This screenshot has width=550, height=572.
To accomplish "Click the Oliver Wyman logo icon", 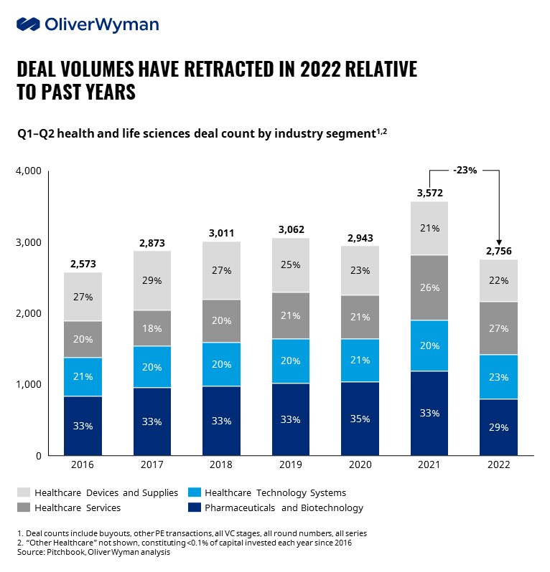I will pyautogui.click(x=27, y=24).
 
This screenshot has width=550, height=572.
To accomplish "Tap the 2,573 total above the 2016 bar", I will pyautogui.click(x=83, y=264).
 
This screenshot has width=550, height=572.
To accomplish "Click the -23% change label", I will pyautogui.click(x=464, y=170).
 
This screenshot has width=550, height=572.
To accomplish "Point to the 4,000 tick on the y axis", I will pyautogui.click(x=29, y=171).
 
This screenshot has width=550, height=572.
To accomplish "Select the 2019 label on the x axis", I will pyautogui.click(x=290, y=464).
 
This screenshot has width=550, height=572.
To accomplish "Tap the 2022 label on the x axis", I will pyautogui.click(x=498, y=464).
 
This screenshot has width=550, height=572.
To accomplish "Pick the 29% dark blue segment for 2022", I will pyautogui.click(x=498, y=427).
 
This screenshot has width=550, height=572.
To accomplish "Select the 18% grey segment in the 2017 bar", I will pyautogui.click(x=152, y=328).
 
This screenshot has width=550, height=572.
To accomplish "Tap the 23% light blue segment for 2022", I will pyautogui.click(x=498, y=377).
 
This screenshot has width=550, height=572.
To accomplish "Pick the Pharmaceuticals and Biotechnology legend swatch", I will pyautogui.click(x=193, y=508).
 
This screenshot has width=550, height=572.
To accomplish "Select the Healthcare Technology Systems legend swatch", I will pyautogui.click(x=193, y=492).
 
